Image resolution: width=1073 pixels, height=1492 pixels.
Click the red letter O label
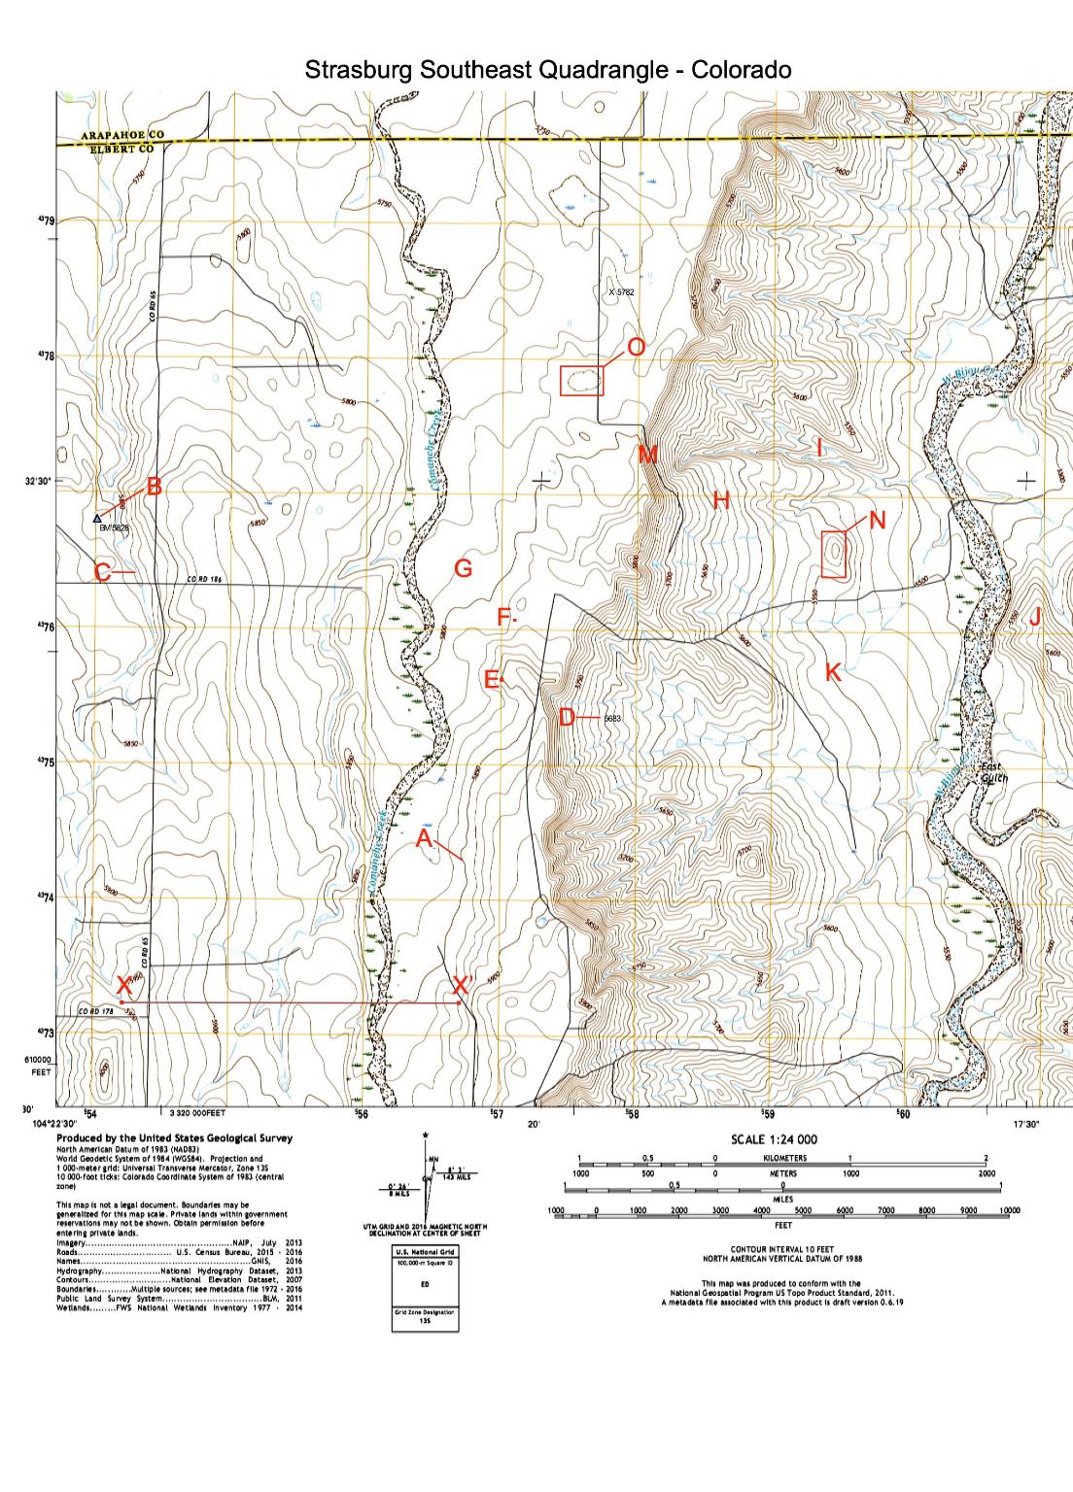click(636, 347)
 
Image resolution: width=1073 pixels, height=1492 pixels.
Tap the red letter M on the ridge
click(648, 455)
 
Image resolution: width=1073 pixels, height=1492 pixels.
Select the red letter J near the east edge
click(1035, 617)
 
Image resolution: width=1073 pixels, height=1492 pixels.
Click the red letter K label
click(833, 671)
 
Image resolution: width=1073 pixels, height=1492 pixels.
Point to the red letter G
click(464, 569)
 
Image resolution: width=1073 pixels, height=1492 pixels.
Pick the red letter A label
click(425, 839)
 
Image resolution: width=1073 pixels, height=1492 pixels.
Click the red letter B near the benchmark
click(154, 487)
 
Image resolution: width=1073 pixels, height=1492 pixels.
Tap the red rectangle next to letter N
click(835, 555)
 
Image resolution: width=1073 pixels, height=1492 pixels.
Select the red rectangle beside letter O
click(582, 381)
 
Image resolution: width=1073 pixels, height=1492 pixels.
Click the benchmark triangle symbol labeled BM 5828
click(97, 519)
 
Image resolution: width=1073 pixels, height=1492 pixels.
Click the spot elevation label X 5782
click(620, 291)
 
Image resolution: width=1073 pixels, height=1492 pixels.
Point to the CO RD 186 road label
click(205, 580)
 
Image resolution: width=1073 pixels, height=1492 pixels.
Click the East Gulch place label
click(994, 771)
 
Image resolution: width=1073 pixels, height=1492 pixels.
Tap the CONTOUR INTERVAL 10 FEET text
click(783, 1249)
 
